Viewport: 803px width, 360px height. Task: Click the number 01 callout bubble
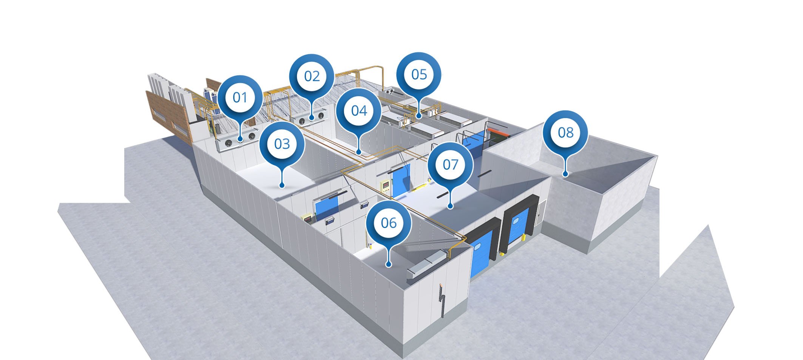coord(240,97)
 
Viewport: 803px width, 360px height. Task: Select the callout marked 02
coord(312,76)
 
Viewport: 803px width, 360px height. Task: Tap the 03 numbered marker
coord(282,144)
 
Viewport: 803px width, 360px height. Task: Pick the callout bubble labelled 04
coord(359,111)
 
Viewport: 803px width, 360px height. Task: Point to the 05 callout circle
coord(419,74)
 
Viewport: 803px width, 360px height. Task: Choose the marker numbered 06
coord(389,223)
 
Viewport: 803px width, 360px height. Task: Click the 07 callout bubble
coord(450,165)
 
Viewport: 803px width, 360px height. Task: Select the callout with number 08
coord(565,133)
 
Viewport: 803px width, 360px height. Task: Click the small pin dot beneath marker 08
coord(565,174)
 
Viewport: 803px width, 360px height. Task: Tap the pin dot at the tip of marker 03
coord(281,185)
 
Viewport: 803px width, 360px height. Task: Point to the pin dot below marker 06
coord(388,264)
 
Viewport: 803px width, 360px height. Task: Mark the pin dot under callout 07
coord(450,206)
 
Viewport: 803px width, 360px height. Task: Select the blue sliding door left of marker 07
coord(401,181)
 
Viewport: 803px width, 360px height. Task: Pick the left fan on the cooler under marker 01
coord(229,143)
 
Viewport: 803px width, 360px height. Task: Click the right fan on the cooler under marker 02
coord(321,115)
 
